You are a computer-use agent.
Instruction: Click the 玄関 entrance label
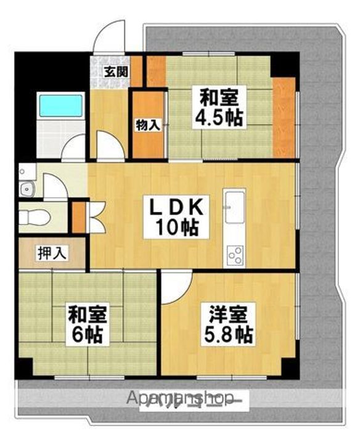[115, 72]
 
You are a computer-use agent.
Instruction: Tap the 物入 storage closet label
[147, 125]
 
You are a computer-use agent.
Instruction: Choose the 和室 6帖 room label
[86, 326]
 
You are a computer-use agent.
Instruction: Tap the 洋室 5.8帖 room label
[228, 325]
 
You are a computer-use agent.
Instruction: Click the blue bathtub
[61, 105]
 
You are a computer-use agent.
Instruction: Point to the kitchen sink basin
[235, 207]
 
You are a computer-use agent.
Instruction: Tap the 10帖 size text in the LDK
[177, 229]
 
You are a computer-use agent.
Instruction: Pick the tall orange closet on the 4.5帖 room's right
[284, 117]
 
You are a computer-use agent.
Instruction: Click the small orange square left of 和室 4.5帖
[155, 71]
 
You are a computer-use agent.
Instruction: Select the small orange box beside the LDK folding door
[78, 216]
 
